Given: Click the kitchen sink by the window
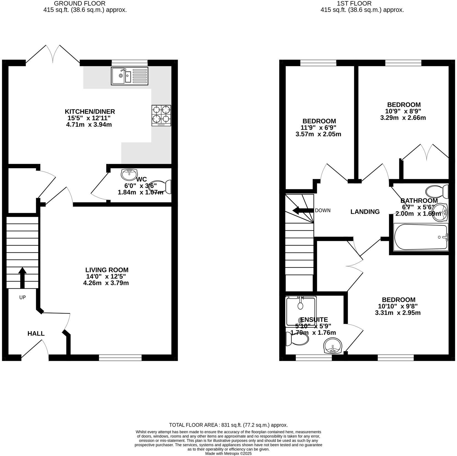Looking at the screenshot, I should [x=130, y=76].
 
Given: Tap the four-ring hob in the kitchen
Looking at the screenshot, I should [x=161, y=116].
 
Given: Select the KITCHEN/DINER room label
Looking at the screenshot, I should [x=90, y=111].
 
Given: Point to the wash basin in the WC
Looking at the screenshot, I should [x=129, y=175].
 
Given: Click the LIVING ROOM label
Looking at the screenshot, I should [x=107, y=270].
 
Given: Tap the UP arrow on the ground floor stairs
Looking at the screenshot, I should [x=22, y=278].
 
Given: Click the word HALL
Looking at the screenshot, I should [x=36, y=333].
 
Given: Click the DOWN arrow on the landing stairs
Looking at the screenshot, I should [x=303, y=210].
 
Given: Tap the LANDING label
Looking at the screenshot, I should [x=365, y=212].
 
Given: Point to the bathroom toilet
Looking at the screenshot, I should [x=437, y=191].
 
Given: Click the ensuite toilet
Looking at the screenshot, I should [x=297, y=339].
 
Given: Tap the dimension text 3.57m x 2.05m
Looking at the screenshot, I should [x=318, y=134].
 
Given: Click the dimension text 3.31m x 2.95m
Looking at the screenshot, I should [x=397, y=313].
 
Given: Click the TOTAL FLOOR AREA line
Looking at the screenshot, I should [x=228, y=425].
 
